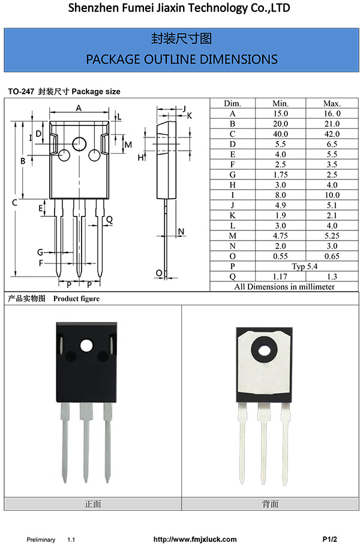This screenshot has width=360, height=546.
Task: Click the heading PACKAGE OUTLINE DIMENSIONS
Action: pos(181,59)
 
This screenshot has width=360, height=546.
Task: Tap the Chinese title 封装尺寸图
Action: pos(181,39)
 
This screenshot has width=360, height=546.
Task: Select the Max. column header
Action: pos(331,103)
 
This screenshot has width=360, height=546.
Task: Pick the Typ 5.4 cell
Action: pos(305,266)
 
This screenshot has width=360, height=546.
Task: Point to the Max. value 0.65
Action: pos(331,256)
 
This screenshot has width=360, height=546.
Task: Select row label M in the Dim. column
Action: pos(232,236)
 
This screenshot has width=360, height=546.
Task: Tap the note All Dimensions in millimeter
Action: pos(284,287)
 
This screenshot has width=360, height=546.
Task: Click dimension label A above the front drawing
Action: pos(79,108)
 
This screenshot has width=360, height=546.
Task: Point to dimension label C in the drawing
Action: pos(14,203)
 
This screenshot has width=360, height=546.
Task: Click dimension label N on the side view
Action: pos(181,232)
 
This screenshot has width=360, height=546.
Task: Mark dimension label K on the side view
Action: pos(189,115)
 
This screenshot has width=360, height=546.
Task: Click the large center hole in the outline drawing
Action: pos(79,143)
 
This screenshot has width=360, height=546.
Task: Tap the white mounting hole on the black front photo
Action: pos(86,346)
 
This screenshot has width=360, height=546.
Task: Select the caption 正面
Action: pos(93,504)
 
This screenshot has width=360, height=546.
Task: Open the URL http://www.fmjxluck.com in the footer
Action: pos(195,539)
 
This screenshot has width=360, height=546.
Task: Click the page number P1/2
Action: pos(330,539)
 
